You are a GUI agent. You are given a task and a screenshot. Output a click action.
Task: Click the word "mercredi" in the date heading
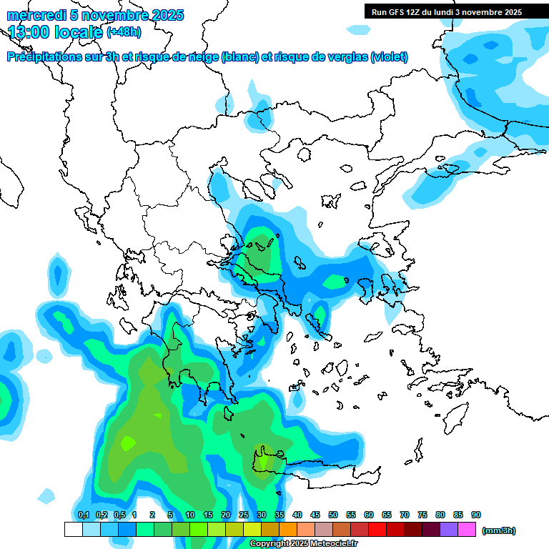(x=31, y=15)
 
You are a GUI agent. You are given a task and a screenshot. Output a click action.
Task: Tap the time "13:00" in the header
(x=29, y=31)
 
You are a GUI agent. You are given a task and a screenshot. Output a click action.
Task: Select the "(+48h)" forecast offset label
(x=124, y=31)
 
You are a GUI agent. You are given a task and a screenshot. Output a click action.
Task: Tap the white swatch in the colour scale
(x=73, y=529)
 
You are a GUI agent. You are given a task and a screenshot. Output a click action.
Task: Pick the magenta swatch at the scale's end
(x=467, y=529)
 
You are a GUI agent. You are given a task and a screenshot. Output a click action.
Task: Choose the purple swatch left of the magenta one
(x=449, y=529)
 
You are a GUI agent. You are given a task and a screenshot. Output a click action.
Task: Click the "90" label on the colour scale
(x=476, y=515)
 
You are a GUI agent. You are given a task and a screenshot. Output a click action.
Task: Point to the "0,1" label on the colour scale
(x=83, y=515)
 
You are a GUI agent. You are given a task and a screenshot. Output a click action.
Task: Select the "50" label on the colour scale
(x=333, y=515)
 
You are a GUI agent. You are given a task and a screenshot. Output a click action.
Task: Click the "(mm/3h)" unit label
(x=498, y=530)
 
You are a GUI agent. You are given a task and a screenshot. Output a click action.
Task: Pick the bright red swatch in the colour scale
(x=377, y=529)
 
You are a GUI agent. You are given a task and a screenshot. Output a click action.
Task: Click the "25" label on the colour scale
(x=244, y=515)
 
